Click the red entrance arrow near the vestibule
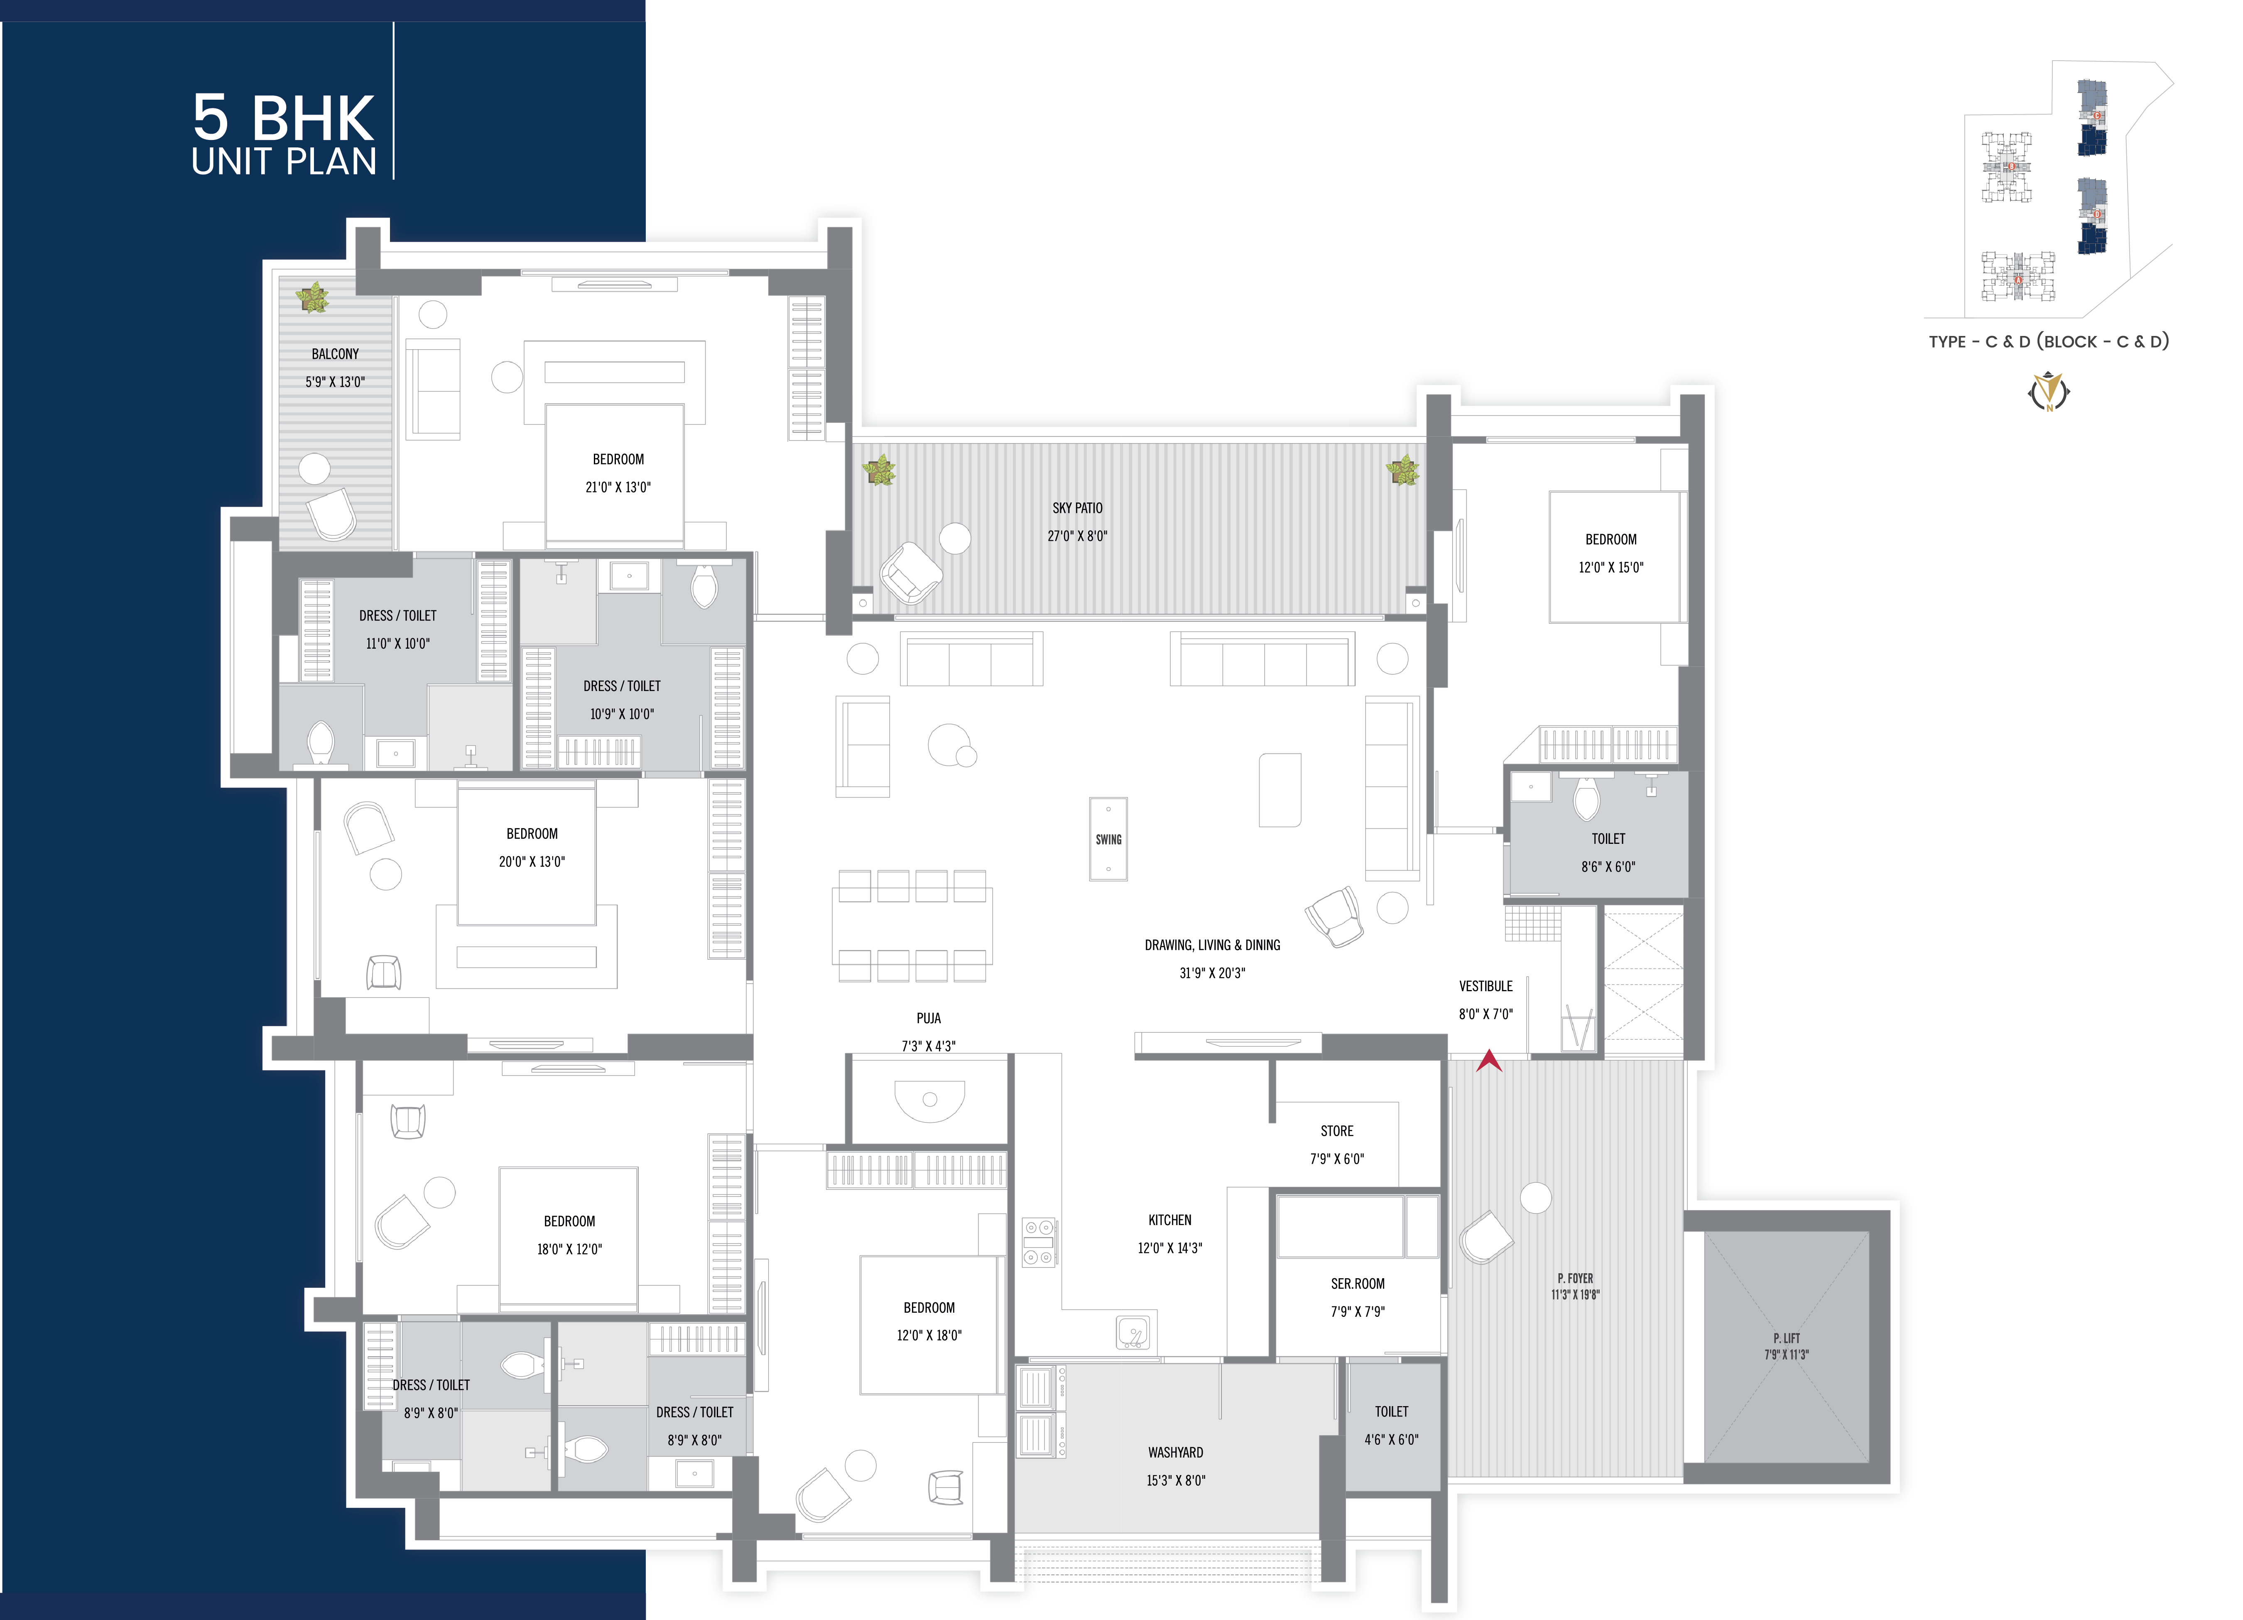[1488, 1061]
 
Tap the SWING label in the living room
[1109, 840]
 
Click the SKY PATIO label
[1077, 507]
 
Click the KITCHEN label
[1170, 1219]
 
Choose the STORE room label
[1337, 1130]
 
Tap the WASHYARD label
[1176, 1452]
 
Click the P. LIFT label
[1786, 1338]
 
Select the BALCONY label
[335, 353]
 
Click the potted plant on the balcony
[313, 297]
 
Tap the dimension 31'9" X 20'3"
[1213, 972]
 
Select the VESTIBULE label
[1486, 986]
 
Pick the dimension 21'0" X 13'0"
[618, 487]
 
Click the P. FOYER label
[1576, 1278]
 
